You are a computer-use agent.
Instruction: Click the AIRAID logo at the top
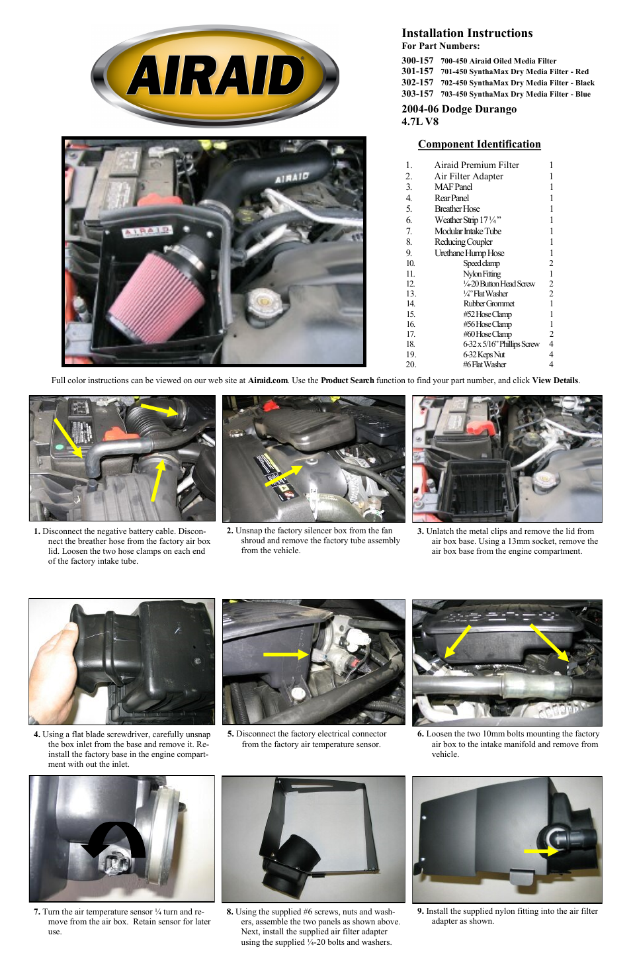pyautogui.click(x=215, y=75)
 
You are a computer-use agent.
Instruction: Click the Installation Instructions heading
pyautogui.click(x=467, y=33)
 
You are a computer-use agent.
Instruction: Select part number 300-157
pyautogui.click(x=417, y=60)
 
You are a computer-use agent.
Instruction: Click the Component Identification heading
pyautogui.click(x=479, y=144)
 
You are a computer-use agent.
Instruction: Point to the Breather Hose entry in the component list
pyautogui.click(x=457, y=209)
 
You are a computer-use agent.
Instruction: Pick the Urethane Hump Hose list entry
pyautogui.click(x=469, y=253)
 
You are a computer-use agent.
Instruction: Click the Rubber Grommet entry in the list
pyautogui.click(x=488, y=304)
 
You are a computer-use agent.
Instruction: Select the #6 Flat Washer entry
pyautogui.click(x=484, y=365)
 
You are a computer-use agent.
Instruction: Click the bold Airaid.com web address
pyautogui.click(x=267, y=380)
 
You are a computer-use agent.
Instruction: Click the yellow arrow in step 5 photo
pyautogui.click(x=286, y=654)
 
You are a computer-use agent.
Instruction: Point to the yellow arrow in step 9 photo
pyautogui.click(x=541, y=851)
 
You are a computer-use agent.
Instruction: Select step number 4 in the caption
pyautogui.click(x=37, y=734)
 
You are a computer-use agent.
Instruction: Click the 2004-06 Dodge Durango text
pyautogui.click(x=459, y=109)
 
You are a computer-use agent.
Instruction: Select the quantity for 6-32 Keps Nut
pyautogui.click(x=551, y=355)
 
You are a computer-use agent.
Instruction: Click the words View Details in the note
pyautogui.click(x=555, y=380)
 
